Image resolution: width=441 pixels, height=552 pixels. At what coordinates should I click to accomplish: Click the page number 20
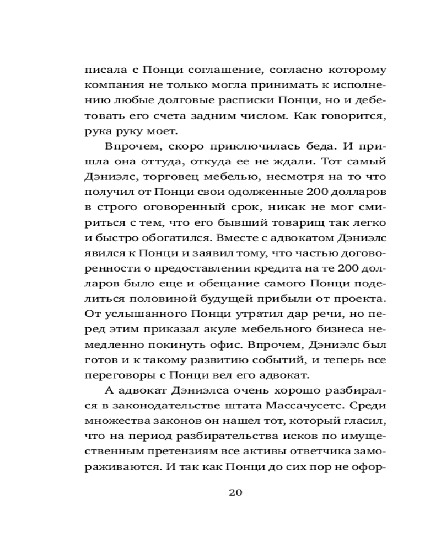click(x=236, y=492)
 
